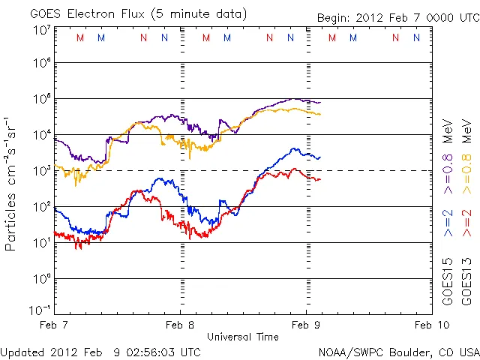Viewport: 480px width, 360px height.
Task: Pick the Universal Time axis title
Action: (243, 337)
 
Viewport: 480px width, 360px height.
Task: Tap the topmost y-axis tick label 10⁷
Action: (42, 29)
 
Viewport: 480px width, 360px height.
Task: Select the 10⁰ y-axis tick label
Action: (42, 279)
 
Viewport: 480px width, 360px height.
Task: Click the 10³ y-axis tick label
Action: (42, 171)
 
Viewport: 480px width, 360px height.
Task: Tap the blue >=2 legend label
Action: (448, 223)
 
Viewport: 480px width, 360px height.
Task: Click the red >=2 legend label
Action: (466, 223)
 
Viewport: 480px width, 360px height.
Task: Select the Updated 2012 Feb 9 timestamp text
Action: (100, 351)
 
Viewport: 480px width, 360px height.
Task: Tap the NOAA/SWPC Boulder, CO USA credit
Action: (398, 351)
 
